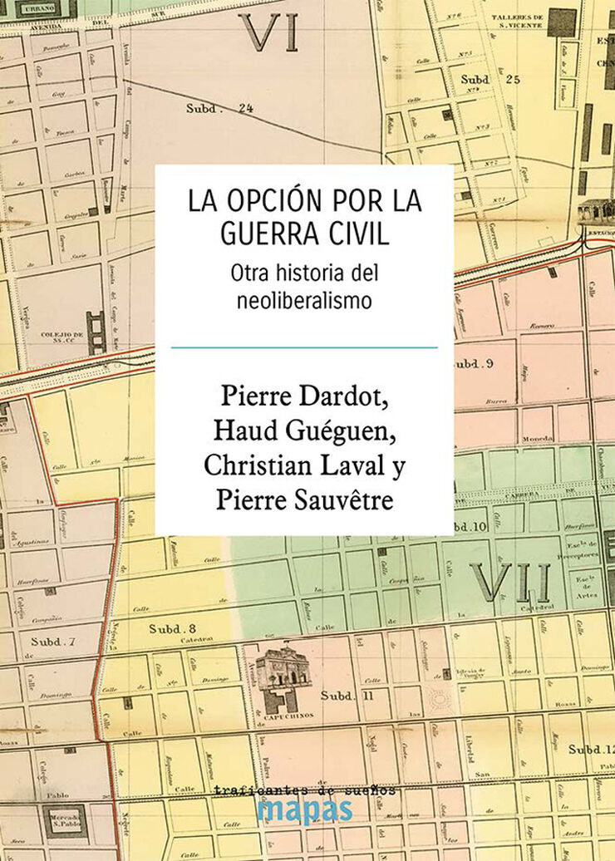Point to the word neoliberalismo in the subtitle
click(303, 301)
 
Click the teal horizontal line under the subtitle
click(304, 347)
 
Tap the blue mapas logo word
click(304, 810)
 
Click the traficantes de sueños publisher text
click(304, 790)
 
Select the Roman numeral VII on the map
click(509, 581)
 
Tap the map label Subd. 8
click(172, 628)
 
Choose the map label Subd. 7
click(53, 642)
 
